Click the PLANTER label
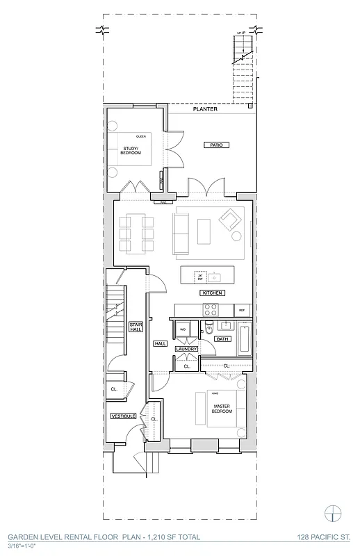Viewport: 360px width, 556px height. pos(206,109)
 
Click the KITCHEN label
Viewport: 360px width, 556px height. pos(213,293)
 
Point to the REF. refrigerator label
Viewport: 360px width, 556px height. pos(243,310)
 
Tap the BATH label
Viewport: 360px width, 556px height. pos(222,339)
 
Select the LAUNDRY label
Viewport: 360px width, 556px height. pos(186,349)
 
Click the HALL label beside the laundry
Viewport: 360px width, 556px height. pos(160,343)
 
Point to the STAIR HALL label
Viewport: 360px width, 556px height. pos(136,327)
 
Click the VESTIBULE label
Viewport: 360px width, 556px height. pos(123,416)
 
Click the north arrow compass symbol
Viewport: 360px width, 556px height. pos(335,513)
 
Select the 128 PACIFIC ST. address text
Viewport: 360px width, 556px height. pos(323,537)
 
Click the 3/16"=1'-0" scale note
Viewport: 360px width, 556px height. pos(22,546)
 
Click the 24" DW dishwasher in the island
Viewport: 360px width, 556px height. pos(199,277)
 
